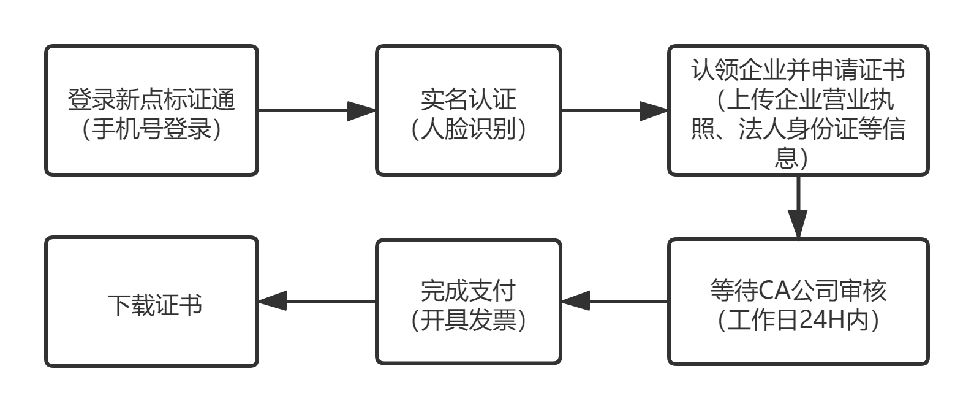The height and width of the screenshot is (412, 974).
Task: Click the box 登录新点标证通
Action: (151, 110)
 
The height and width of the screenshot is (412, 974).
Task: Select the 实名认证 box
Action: (469, 110)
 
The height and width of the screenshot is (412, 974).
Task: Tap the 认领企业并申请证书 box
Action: (798, 110)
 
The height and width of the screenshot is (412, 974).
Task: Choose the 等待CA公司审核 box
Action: (798, 302)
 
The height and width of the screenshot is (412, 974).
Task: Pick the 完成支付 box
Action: (469, 302)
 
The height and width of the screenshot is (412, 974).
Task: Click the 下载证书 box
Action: (151, 302)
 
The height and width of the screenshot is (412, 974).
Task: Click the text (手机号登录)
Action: (151, 129)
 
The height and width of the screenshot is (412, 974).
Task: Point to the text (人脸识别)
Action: (469, 129)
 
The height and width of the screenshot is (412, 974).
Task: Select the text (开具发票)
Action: (469, 320)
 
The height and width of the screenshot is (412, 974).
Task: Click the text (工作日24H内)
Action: (798, 320)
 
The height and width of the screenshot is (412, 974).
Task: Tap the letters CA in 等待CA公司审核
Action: (773, 291)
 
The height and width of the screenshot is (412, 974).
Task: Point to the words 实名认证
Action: (469, 99)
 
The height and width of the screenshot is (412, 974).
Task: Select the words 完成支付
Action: (469, 291)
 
